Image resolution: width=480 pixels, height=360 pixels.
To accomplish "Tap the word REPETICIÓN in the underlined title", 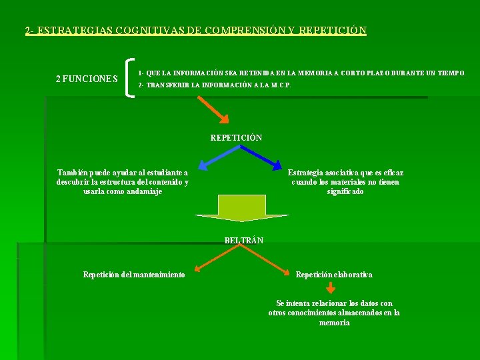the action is click(x=333, y=31).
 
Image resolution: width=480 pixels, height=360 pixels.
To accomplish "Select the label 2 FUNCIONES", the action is click(x=87, y=79).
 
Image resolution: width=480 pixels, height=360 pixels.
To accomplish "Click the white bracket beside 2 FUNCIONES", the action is click(x=129, y=78).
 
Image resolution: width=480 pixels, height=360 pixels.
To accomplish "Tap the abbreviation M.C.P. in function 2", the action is click(x=280, y=85).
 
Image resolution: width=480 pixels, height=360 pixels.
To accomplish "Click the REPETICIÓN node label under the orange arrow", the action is click(x=236, y=138).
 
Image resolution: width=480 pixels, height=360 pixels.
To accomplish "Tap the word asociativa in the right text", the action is click(x=347, y=173).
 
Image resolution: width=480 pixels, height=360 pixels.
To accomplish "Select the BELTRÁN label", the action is click(x=243, y=240).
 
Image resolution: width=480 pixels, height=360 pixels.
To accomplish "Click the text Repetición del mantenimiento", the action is click(x=134, y=275).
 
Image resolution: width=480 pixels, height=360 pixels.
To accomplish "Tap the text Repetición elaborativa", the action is click(x=334, y=275).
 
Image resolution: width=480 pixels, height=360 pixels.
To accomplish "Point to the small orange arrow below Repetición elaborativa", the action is click(x=330, y=288).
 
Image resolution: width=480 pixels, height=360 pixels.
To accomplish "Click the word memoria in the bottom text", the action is click(x=334, y=323).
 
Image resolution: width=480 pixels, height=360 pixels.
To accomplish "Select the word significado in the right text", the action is click(x=345, y=191).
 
